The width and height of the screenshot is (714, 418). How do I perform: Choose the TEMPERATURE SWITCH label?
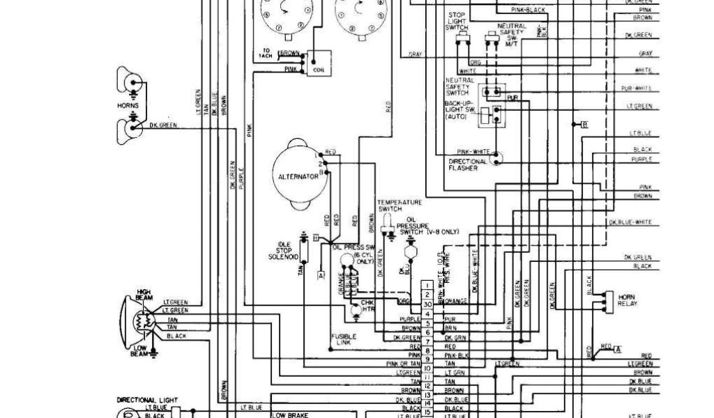pyautogui.click(x=400, y=206)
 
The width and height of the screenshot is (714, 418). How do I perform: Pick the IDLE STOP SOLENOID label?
pyautogui.click(x=283, y=251)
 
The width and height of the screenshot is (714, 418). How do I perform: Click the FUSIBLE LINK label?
pyautogui.click(x=343, y=339)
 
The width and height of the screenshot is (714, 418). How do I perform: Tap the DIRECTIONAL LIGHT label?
pyautogui.click(x=144, y=400)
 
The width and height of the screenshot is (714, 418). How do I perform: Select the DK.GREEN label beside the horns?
pyautogui.click(x=162, y=125)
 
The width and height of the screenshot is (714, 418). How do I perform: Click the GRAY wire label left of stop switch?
pyautogui.click(x=416, y=54)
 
